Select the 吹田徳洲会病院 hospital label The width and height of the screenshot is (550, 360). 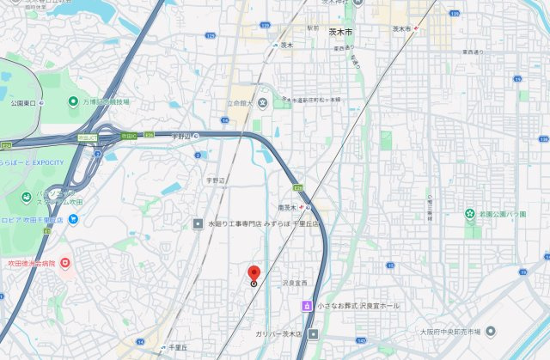(x=32, y=263)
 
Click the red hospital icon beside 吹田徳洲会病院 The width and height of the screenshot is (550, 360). (x=65, y=262)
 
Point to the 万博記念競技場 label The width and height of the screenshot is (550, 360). (x=105, y=101)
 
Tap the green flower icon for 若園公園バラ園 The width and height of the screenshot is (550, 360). (x=470, y=212)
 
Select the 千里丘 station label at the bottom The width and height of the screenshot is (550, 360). (x=179, y=346)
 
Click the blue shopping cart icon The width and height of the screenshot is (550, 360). (x=74, y=219)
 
